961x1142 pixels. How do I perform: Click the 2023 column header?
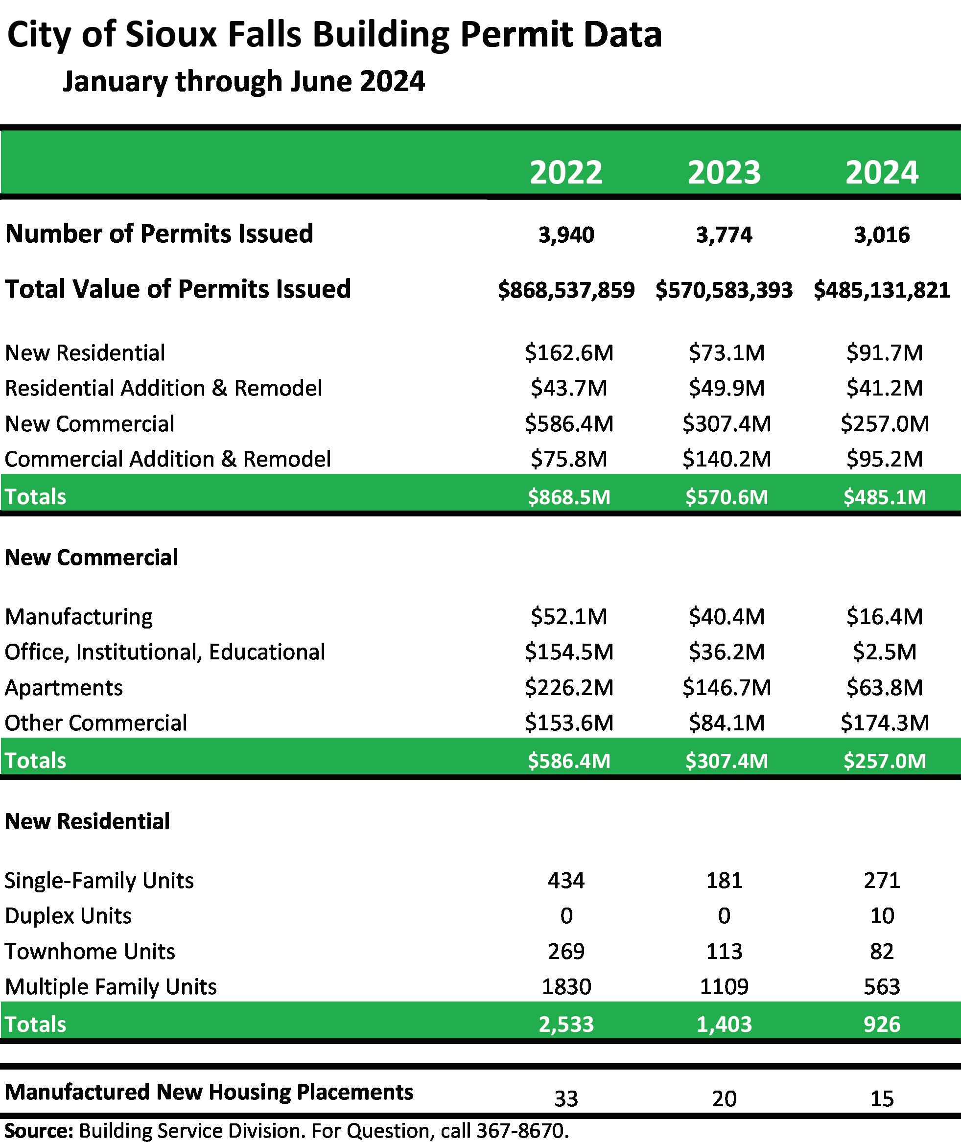(724, 173)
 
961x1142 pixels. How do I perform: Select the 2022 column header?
(566, 173)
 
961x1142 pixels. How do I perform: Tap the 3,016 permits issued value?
(882, 235)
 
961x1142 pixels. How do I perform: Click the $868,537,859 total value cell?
(566, 290)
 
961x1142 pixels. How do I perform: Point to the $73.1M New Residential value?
(726, 353)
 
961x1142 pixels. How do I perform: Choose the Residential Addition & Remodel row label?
(164, 388)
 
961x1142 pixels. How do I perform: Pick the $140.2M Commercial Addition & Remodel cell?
(726, 459)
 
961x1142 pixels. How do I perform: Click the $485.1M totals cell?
(884, 497)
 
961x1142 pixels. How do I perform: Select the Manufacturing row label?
(79, 616)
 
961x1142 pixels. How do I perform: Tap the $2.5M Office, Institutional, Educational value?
(884, 652)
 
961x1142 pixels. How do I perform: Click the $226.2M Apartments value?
(569, 687)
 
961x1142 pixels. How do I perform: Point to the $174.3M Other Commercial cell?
(884, 722)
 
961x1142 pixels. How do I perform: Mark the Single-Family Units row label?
(99, 881)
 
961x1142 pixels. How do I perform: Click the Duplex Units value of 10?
(882, 916)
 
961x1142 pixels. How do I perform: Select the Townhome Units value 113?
(724, 952)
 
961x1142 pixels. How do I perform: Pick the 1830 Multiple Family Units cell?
(566, 987)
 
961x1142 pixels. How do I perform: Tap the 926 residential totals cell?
(882, 1025)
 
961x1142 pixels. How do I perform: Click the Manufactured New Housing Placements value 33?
(566, 1099)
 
